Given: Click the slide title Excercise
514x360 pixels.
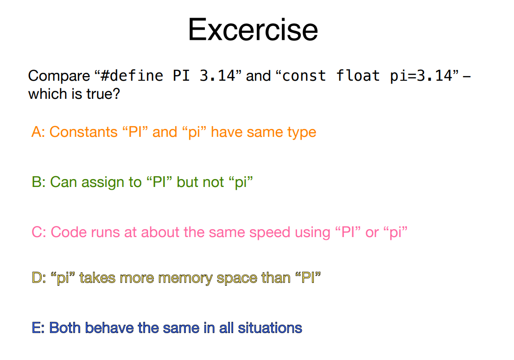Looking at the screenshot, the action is click(253, 30).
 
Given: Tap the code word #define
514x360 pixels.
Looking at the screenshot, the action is click(132, 76).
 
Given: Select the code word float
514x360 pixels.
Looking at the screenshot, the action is click(358, 76).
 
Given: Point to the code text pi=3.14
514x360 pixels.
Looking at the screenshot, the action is click(421, 76).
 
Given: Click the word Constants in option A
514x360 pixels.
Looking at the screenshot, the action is click(83, 132).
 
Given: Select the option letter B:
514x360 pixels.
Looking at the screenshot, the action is click(38, 182).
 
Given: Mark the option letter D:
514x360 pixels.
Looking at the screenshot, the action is click(39, 277).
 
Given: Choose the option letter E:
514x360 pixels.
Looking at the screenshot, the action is click(38, 328).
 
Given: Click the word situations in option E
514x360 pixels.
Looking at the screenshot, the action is click(270, 328).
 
